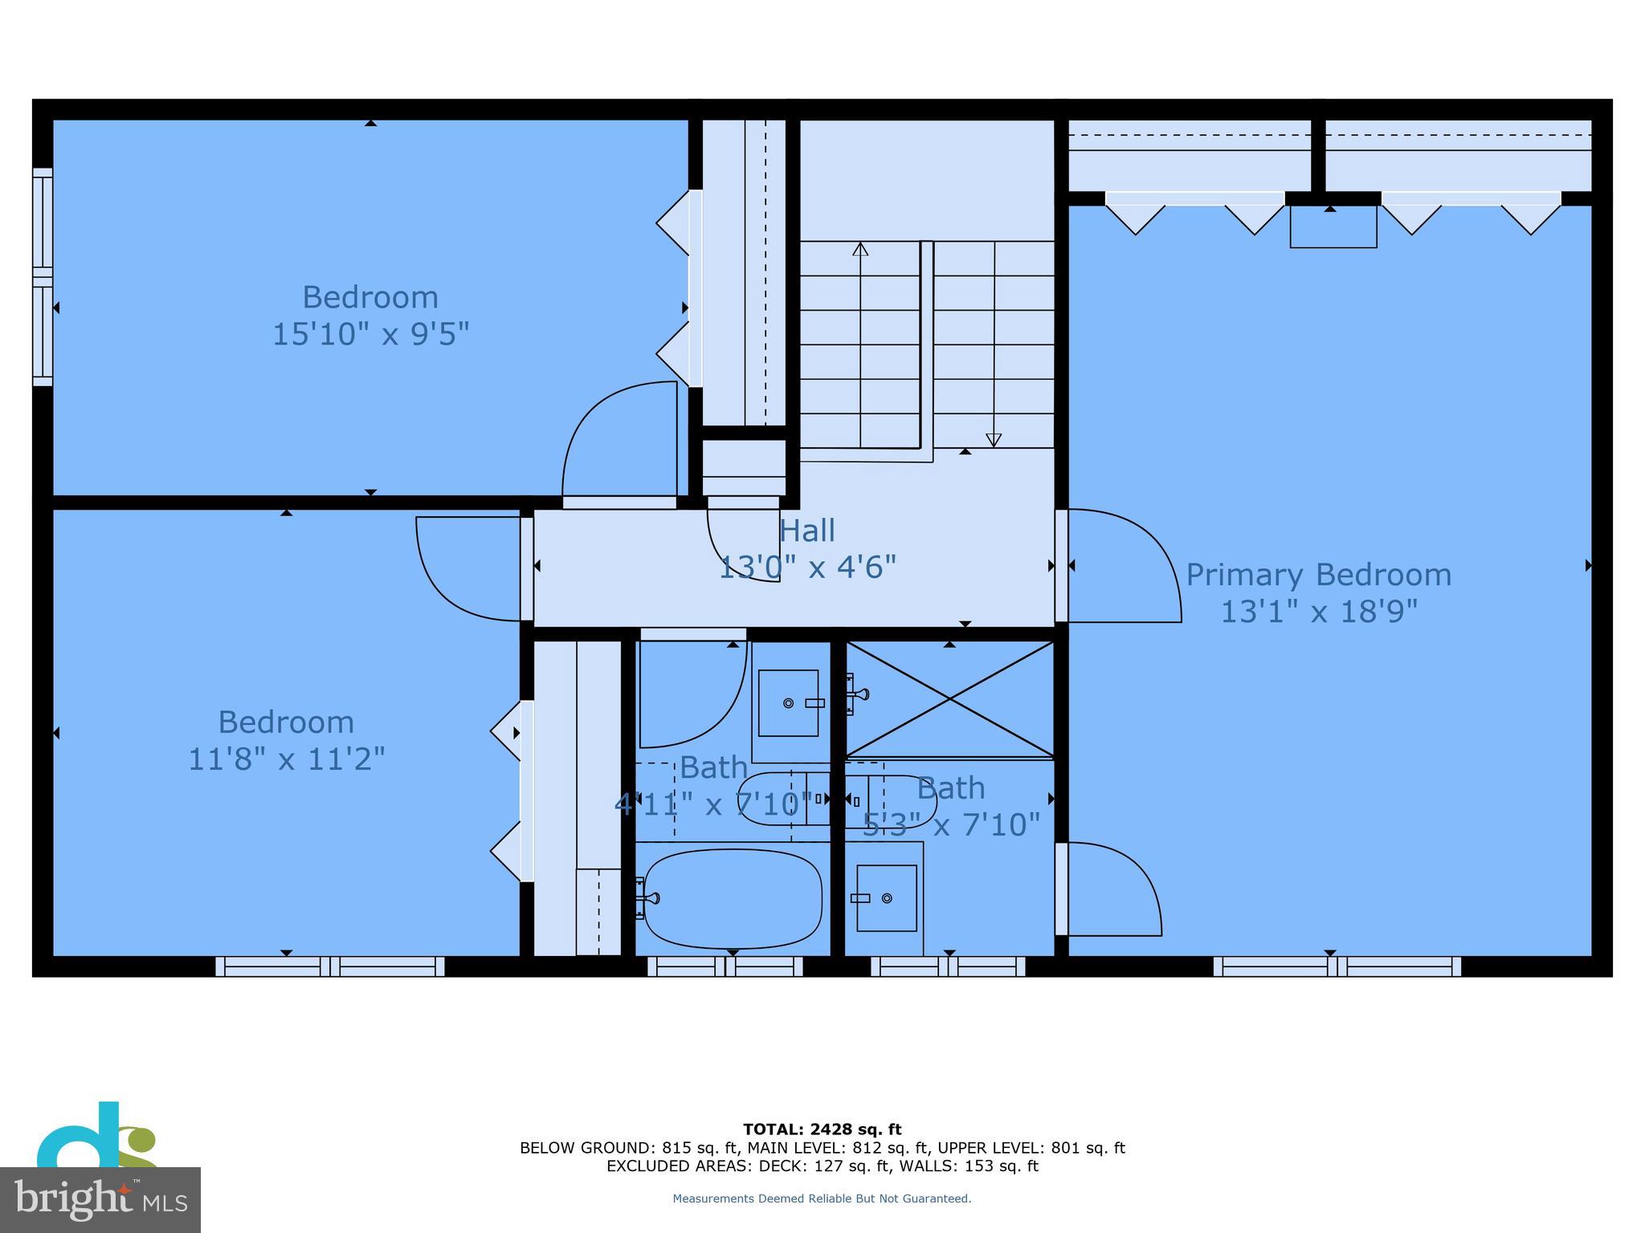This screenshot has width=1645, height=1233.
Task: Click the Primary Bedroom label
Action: (x=1318, y=575)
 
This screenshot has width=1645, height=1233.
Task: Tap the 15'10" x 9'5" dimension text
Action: (x=370, y=334)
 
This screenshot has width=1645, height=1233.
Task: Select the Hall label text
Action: (x=807, y=531)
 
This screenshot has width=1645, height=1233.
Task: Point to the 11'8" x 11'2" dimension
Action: (x=287, y=759)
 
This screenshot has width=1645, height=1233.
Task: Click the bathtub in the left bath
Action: (x=733, y=899)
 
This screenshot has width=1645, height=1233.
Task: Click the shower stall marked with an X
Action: (x=950, y=699)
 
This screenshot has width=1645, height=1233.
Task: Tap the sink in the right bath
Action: (x=886, y=898)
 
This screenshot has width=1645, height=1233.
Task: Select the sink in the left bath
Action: (x=788, y=703)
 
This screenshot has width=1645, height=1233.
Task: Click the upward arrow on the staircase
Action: (x=860, y=250)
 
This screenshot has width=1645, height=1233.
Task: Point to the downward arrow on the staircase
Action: (x=994, y=439)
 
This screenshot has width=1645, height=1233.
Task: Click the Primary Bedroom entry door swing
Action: (x=1120, y=566)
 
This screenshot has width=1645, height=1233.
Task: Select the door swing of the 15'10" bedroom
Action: (x=618, y=440)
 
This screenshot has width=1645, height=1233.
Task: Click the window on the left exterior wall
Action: (x=43, y=277)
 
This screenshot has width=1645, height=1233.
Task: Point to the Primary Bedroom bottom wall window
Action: (x=1337, y=966)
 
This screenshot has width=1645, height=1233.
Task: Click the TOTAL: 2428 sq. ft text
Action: (x=822, y=1129)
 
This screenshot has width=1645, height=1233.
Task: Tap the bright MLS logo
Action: (x=100, y=1199)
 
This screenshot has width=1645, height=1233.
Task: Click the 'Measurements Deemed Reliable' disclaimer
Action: (x=822, y=1198)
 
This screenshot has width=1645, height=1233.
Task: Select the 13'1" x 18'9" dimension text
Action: (x=1318, y=612)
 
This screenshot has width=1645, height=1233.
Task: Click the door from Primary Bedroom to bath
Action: (x=1108, y=889)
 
